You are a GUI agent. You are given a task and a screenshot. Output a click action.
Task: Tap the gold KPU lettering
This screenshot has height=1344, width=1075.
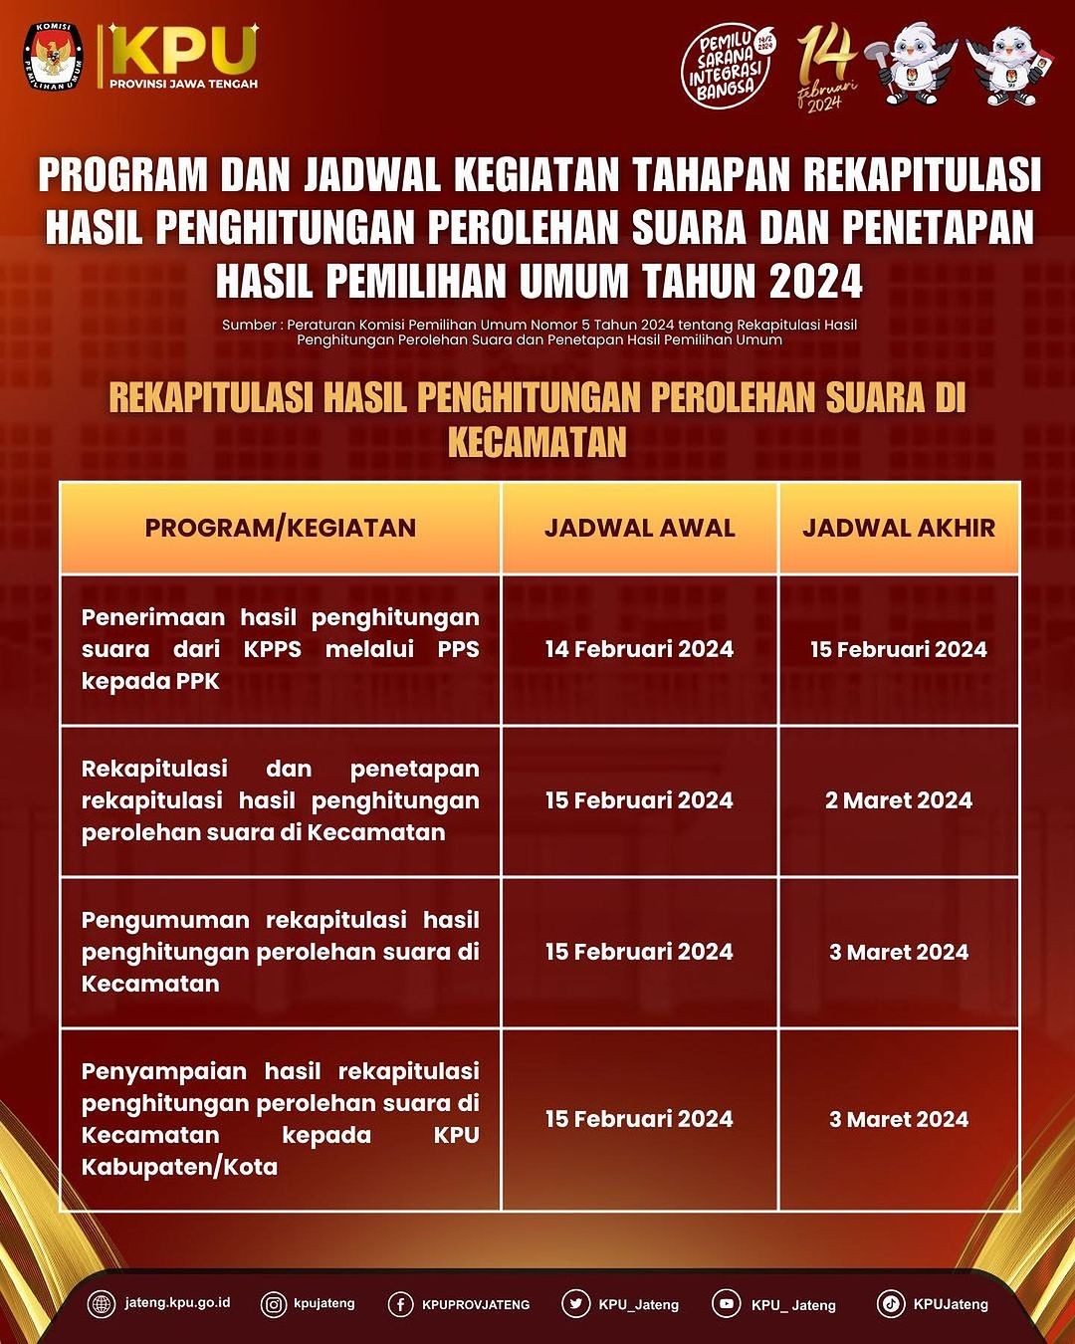point(183,49)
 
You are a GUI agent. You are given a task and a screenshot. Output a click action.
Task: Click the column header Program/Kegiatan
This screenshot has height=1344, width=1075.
point(281,528)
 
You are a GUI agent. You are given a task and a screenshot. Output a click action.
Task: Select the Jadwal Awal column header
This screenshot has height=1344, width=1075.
point(639,528)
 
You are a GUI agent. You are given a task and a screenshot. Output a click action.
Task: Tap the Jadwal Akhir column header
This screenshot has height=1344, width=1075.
point(899,528)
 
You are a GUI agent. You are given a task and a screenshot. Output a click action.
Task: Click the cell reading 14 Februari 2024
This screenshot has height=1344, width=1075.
point(639,649)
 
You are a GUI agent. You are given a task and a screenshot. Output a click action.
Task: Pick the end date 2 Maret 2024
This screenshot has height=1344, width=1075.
point(899,800)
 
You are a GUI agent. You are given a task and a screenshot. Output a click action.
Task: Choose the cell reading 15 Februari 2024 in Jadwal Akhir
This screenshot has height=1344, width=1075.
point(899,649)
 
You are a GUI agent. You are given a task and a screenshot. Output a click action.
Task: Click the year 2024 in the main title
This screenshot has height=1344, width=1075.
point(815,282)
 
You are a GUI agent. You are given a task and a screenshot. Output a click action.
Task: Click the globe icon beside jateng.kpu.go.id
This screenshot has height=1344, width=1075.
point(102,1304)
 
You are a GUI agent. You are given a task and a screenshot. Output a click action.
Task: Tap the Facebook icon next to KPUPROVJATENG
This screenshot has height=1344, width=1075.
point(400,1304)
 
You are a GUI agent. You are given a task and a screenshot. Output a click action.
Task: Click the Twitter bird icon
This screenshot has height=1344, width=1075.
point(575,1304)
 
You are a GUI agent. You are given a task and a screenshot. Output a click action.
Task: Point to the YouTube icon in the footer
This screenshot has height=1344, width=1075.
point(726,1304)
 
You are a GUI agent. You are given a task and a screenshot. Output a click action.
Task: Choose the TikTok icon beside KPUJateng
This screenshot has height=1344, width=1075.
point(891,1304)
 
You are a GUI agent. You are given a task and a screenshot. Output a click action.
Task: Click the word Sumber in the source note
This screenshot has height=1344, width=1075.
point(247,325)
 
